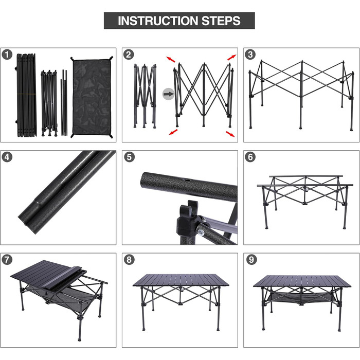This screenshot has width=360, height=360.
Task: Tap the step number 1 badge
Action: [x=7, y=55]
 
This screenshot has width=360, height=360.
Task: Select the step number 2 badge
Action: [x=129, y=55]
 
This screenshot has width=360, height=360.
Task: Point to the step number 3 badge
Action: [x=250, y=55]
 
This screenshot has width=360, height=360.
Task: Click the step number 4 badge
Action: [x=7, y=157]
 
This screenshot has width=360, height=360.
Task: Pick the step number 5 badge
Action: [x=129, y=157]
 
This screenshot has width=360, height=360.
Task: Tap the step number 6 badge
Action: [x=250, y=157]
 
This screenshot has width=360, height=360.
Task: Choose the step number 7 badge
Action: [x=7, y=259]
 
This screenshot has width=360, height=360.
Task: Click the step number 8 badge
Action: [x=129, y=259]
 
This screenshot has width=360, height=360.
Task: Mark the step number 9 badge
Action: [x=250, y=259]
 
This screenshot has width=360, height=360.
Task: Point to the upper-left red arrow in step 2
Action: [x=170, y=59]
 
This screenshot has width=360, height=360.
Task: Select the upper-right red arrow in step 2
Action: [x=231, y=58]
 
